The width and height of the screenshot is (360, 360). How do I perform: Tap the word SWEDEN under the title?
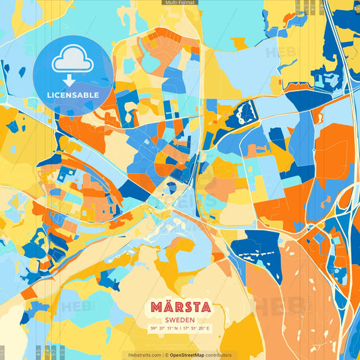(180, 320)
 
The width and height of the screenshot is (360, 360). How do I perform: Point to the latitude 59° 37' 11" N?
(164, 329)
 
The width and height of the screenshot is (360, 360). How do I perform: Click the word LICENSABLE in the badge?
(73, 95)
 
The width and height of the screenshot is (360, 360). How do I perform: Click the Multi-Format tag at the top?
(180, 3)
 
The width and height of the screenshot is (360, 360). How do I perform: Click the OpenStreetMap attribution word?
(190, 355)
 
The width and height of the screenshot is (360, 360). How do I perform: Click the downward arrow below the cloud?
(70, 80)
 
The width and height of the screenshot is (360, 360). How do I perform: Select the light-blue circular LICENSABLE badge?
(73, 74)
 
